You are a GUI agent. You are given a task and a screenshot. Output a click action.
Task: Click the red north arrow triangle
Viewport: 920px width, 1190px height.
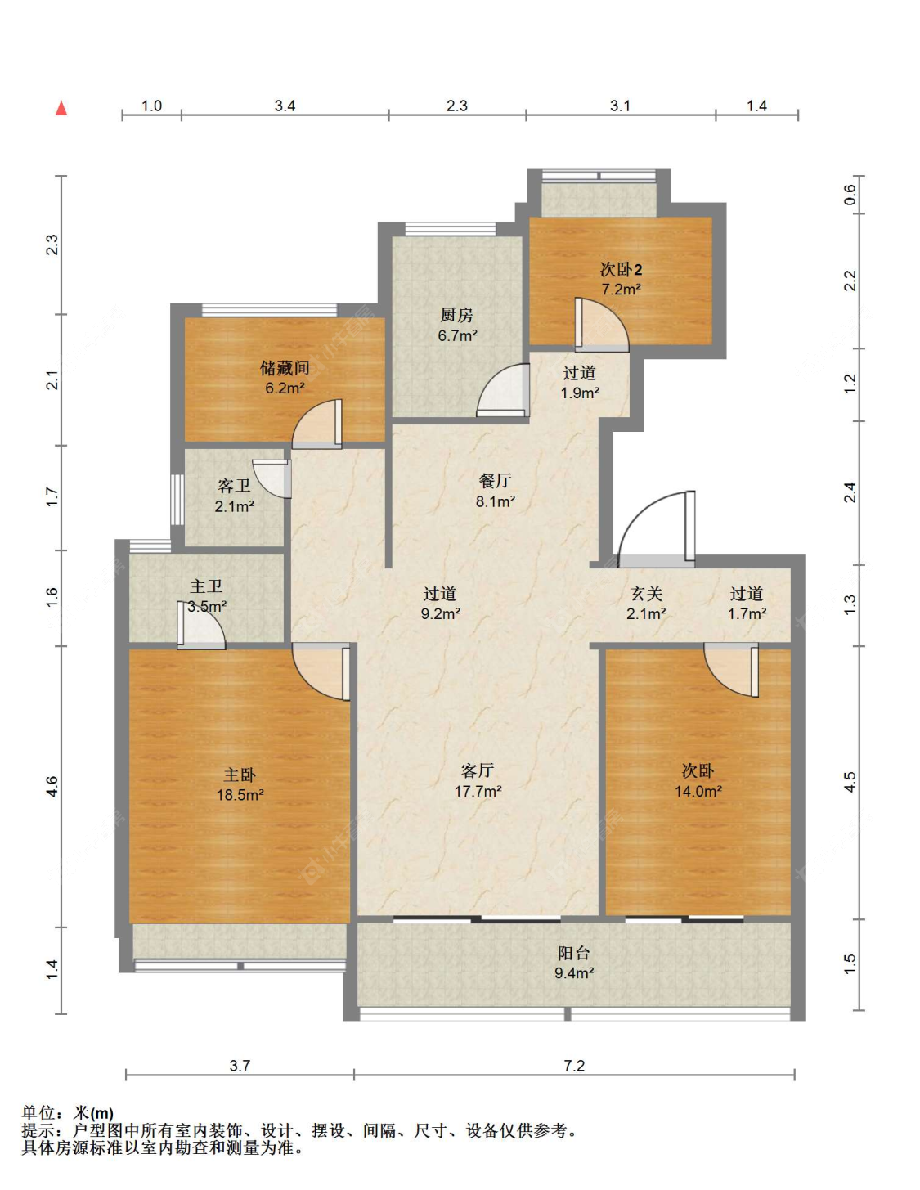click(61, 109)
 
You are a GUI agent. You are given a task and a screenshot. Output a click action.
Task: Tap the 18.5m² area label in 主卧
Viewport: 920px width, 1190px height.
click(240, 795)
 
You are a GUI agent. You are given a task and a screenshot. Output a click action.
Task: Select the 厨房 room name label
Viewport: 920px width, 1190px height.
click(456, 315)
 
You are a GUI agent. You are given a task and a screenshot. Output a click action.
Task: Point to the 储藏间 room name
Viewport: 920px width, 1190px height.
click(285, 368)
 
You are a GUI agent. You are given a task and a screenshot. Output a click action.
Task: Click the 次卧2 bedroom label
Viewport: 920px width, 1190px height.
click(622, 269)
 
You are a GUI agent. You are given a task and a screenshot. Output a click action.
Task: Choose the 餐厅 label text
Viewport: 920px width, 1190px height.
click(495, 481)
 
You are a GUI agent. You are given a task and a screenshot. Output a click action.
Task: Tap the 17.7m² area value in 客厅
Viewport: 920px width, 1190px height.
click(478, 791)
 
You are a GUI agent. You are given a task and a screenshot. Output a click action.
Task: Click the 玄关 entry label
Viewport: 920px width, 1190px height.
click(646, 594)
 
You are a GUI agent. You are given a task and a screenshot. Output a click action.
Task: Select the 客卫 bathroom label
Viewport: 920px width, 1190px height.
click(234, 486)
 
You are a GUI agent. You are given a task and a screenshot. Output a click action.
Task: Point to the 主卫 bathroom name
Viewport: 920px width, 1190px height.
click(206, 586)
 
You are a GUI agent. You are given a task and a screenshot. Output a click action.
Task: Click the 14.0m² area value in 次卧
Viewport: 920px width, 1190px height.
click(698, 791)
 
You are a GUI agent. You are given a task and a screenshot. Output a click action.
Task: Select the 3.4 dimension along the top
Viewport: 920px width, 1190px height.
click(285, 106)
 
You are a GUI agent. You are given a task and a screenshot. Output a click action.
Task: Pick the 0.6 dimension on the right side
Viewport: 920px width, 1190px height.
click(850, 195)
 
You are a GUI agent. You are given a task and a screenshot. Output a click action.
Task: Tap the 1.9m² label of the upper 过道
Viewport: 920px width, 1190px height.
click(580, 393)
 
